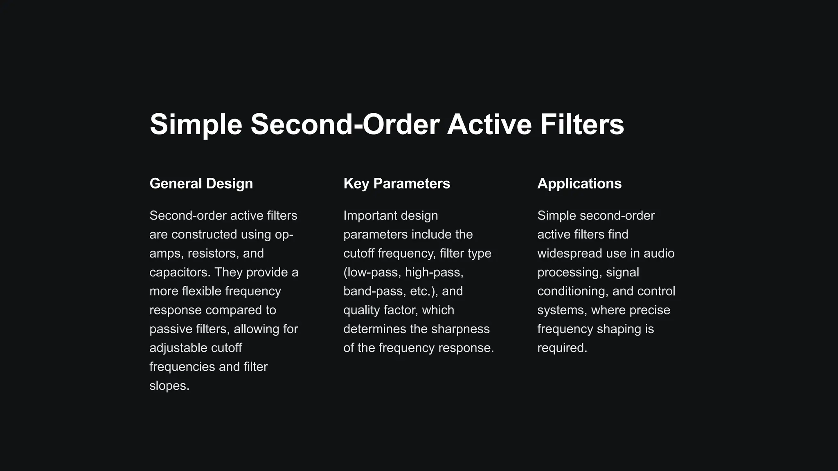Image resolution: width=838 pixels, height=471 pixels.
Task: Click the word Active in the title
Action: pyautogui.click(x=489, y=124)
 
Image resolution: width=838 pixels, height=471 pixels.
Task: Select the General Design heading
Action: pyautogui.click(x=201, y=184)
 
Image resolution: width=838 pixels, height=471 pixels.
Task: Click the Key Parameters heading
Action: pyautogui.click(x=396, y=184)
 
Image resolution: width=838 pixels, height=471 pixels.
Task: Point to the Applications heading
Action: pyautogui.click(x=579, y=184)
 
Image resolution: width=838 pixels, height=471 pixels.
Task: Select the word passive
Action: pyautogui.click(x=170, y=329)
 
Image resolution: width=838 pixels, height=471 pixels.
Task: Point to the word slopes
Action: pyautogui.click(x=169, y=386)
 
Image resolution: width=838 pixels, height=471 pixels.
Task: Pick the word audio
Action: pyautogui.click(x=659, y=253)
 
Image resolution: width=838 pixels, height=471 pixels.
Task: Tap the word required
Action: pyautogui.click(x=562, y=348)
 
